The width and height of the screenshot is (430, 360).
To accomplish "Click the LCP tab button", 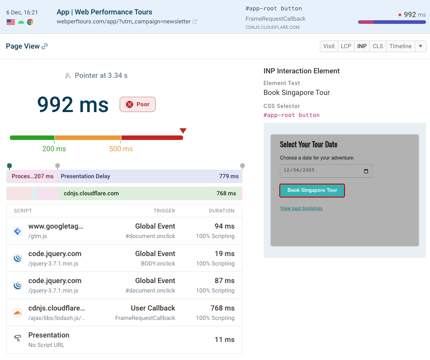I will click(346, 46).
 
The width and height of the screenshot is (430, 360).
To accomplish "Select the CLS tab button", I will click(378, 46).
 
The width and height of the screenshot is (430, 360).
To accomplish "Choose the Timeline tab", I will click(400, 46).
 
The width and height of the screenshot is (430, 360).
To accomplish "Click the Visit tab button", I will click(329, 46).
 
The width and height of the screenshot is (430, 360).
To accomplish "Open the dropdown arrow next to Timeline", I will click(420, 46).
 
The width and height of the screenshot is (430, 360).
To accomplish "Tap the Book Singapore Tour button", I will click(312, 190).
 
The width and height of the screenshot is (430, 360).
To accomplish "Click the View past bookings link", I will click(301, 208).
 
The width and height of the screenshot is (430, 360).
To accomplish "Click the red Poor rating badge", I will click(138, 104).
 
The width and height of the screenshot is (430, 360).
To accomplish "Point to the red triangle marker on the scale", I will click(183, 131).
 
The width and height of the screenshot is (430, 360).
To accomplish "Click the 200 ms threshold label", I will click(54, 148).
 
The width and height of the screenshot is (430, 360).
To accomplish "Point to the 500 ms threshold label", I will click(121, 148).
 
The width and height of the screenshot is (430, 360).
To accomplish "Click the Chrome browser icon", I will click(30, 22).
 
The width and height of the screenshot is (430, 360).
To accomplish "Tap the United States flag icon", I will click(11, 22).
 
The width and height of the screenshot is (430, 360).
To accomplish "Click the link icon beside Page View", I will click(45, 46).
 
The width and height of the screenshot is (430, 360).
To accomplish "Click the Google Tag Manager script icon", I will click(18, 231).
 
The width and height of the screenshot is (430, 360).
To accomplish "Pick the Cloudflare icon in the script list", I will click(18, 313).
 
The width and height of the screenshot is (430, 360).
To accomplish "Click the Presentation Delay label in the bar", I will click(85, 176).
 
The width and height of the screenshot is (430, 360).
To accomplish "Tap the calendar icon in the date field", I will click(366, 171).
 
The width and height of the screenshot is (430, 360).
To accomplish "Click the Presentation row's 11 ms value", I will click(224, 340).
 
